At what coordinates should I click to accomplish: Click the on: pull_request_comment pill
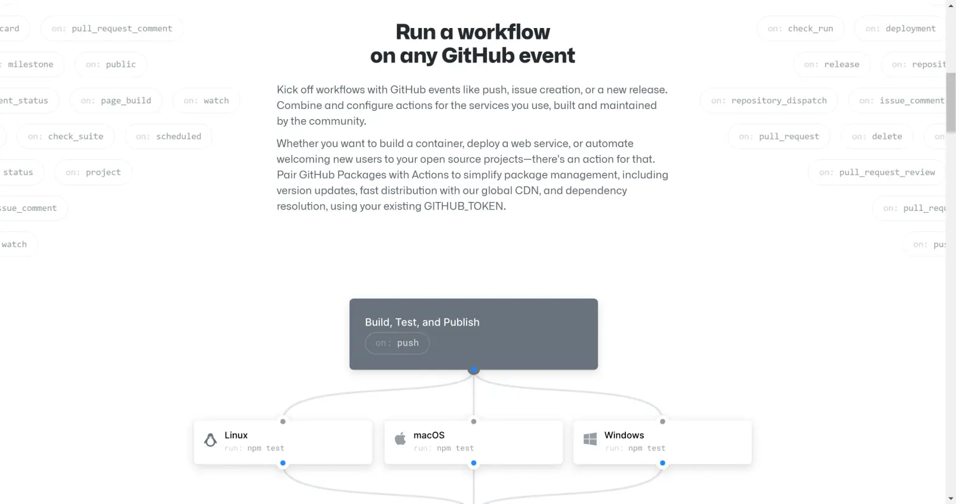pyautogui.click(x=112, y=29)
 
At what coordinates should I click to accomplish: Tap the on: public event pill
pyautogui.click(x=111, y=64)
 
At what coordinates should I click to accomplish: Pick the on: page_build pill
pyautogui.click(x=116, y=101)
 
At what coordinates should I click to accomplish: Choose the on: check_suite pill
pyautogui.click(x=66, y=136)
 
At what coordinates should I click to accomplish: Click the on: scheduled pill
pyautogui.click(x=168, y=136)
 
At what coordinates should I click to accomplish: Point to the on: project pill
pyautogui.click(x=93, y=172)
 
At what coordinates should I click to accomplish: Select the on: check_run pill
pyautogui.click(x=800, y=29)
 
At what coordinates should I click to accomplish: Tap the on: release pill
pyautogui.click(x=831, y=64)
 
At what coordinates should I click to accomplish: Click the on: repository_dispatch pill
pyautogui.click(x=769, y=101)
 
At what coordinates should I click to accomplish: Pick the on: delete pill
pyautogui.click(x=876, y=136)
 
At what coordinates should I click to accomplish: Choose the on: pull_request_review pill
pyautogui.click(x=877, y=172)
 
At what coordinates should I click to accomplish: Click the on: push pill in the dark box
pyautogui.click(x=397, y=343)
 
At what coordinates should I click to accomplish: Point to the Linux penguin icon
pyautogui.click(x=210, y=440)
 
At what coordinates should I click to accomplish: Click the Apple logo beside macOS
pyautogui.click(x=400, y=439)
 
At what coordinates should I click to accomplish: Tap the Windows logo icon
pyautogui.click(x=590, y=440)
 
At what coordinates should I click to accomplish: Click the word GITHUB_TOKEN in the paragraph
pyautogui.click(x=463, y=206)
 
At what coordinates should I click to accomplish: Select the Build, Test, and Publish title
pyautogui.click(x=422, y=322)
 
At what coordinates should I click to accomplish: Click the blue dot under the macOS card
pyautogui.click(x=474, y=463)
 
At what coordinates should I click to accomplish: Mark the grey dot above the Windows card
pyautogui.click(x=663, y=421)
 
